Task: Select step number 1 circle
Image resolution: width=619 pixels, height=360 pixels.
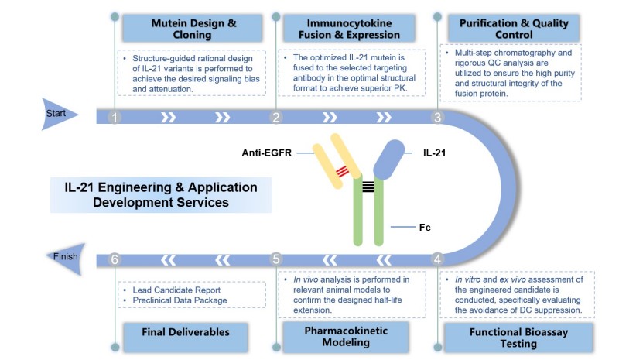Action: point(115,118)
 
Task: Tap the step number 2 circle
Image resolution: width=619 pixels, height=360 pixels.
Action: point(275,118)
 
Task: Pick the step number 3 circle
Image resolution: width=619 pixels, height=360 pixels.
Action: point(438,118)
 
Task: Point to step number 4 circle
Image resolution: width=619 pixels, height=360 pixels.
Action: point(438,259)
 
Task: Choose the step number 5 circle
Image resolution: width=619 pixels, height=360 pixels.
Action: point(275,259)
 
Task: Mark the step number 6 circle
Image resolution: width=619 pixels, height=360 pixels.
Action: point(115,259)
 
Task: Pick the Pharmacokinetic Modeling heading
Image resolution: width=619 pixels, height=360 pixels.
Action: point(345,337)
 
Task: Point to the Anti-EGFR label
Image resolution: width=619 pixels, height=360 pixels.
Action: point(265,153)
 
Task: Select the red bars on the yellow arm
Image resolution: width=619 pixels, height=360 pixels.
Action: point(342,171)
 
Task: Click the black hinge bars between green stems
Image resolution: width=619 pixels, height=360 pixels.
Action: point(368,185)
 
